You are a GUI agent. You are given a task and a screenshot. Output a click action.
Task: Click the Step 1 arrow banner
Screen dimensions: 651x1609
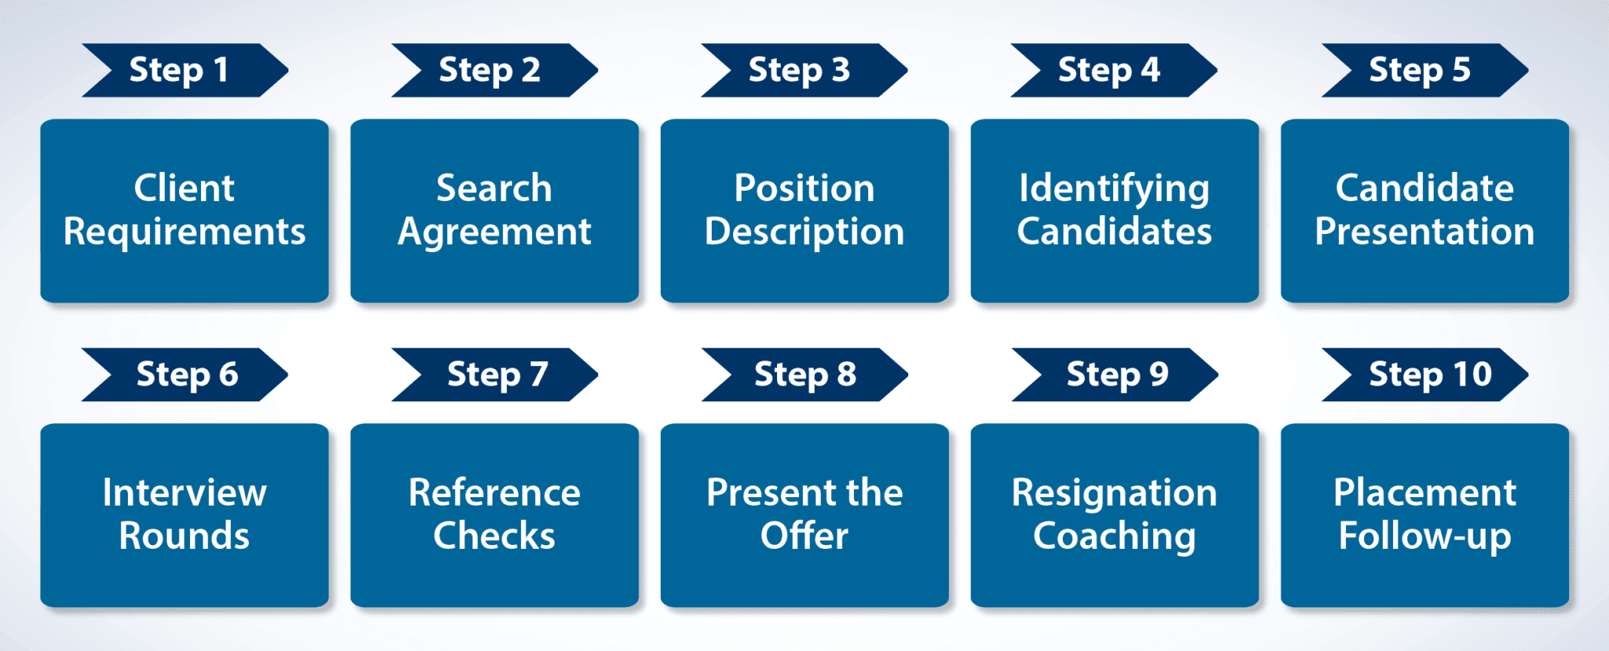click(x=185, y=71)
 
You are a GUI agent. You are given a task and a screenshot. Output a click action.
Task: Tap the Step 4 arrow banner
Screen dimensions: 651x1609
click(x=1113, y=71)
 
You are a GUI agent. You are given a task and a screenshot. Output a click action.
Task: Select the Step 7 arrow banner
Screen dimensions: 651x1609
click(x=494, y=375)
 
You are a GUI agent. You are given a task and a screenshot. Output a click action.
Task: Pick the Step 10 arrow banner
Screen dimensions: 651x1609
click(x=1424, y=375)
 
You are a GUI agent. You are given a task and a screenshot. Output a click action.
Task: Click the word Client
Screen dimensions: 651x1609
click(x=184, y=188)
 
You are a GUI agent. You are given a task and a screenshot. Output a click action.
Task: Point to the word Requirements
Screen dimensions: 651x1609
click(x=184, y=232)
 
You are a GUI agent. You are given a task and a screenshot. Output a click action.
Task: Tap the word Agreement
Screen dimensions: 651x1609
click(x=494, y=232)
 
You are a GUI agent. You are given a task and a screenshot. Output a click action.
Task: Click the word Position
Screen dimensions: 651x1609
click(x=804, y=188)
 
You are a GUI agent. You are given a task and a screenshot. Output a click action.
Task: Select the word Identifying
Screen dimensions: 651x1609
click(x=1114, y=189)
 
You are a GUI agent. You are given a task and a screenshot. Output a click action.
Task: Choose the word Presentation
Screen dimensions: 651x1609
click(x=1424, y=232)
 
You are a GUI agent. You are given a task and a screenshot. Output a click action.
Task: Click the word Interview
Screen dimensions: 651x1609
click(x=185, y=493)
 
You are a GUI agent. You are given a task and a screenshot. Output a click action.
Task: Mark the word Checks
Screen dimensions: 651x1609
click(x=494, y=536)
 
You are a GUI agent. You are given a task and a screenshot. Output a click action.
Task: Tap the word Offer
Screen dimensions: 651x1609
click(x=804, y=536)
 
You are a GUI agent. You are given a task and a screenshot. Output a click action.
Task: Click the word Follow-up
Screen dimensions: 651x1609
click(x=1424, y=537)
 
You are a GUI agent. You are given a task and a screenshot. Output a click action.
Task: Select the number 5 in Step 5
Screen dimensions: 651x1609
click(x=1461, y=70)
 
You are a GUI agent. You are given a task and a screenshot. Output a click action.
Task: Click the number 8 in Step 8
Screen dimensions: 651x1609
click(x=846, y=375)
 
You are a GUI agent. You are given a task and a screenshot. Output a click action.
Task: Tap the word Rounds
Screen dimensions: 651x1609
click(x=184, y=536)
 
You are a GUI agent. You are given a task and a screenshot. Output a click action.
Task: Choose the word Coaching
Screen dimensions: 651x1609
click(x=1114, y=537)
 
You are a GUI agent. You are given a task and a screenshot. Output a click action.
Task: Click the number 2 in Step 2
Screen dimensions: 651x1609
click(x=531, y=70)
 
